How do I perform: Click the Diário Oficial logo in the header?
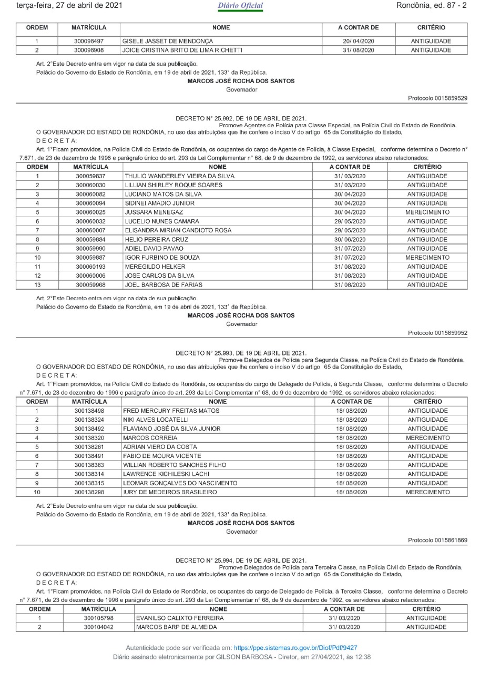[x=240, y=6]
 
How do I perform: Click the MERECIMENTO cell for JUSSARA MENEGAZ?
[x=427, y=212]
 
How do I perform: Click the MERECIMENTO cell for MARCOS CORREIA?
[x=427, y=437]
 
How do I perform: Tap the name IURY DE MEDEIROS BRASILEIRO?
[x=171, y=493]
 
